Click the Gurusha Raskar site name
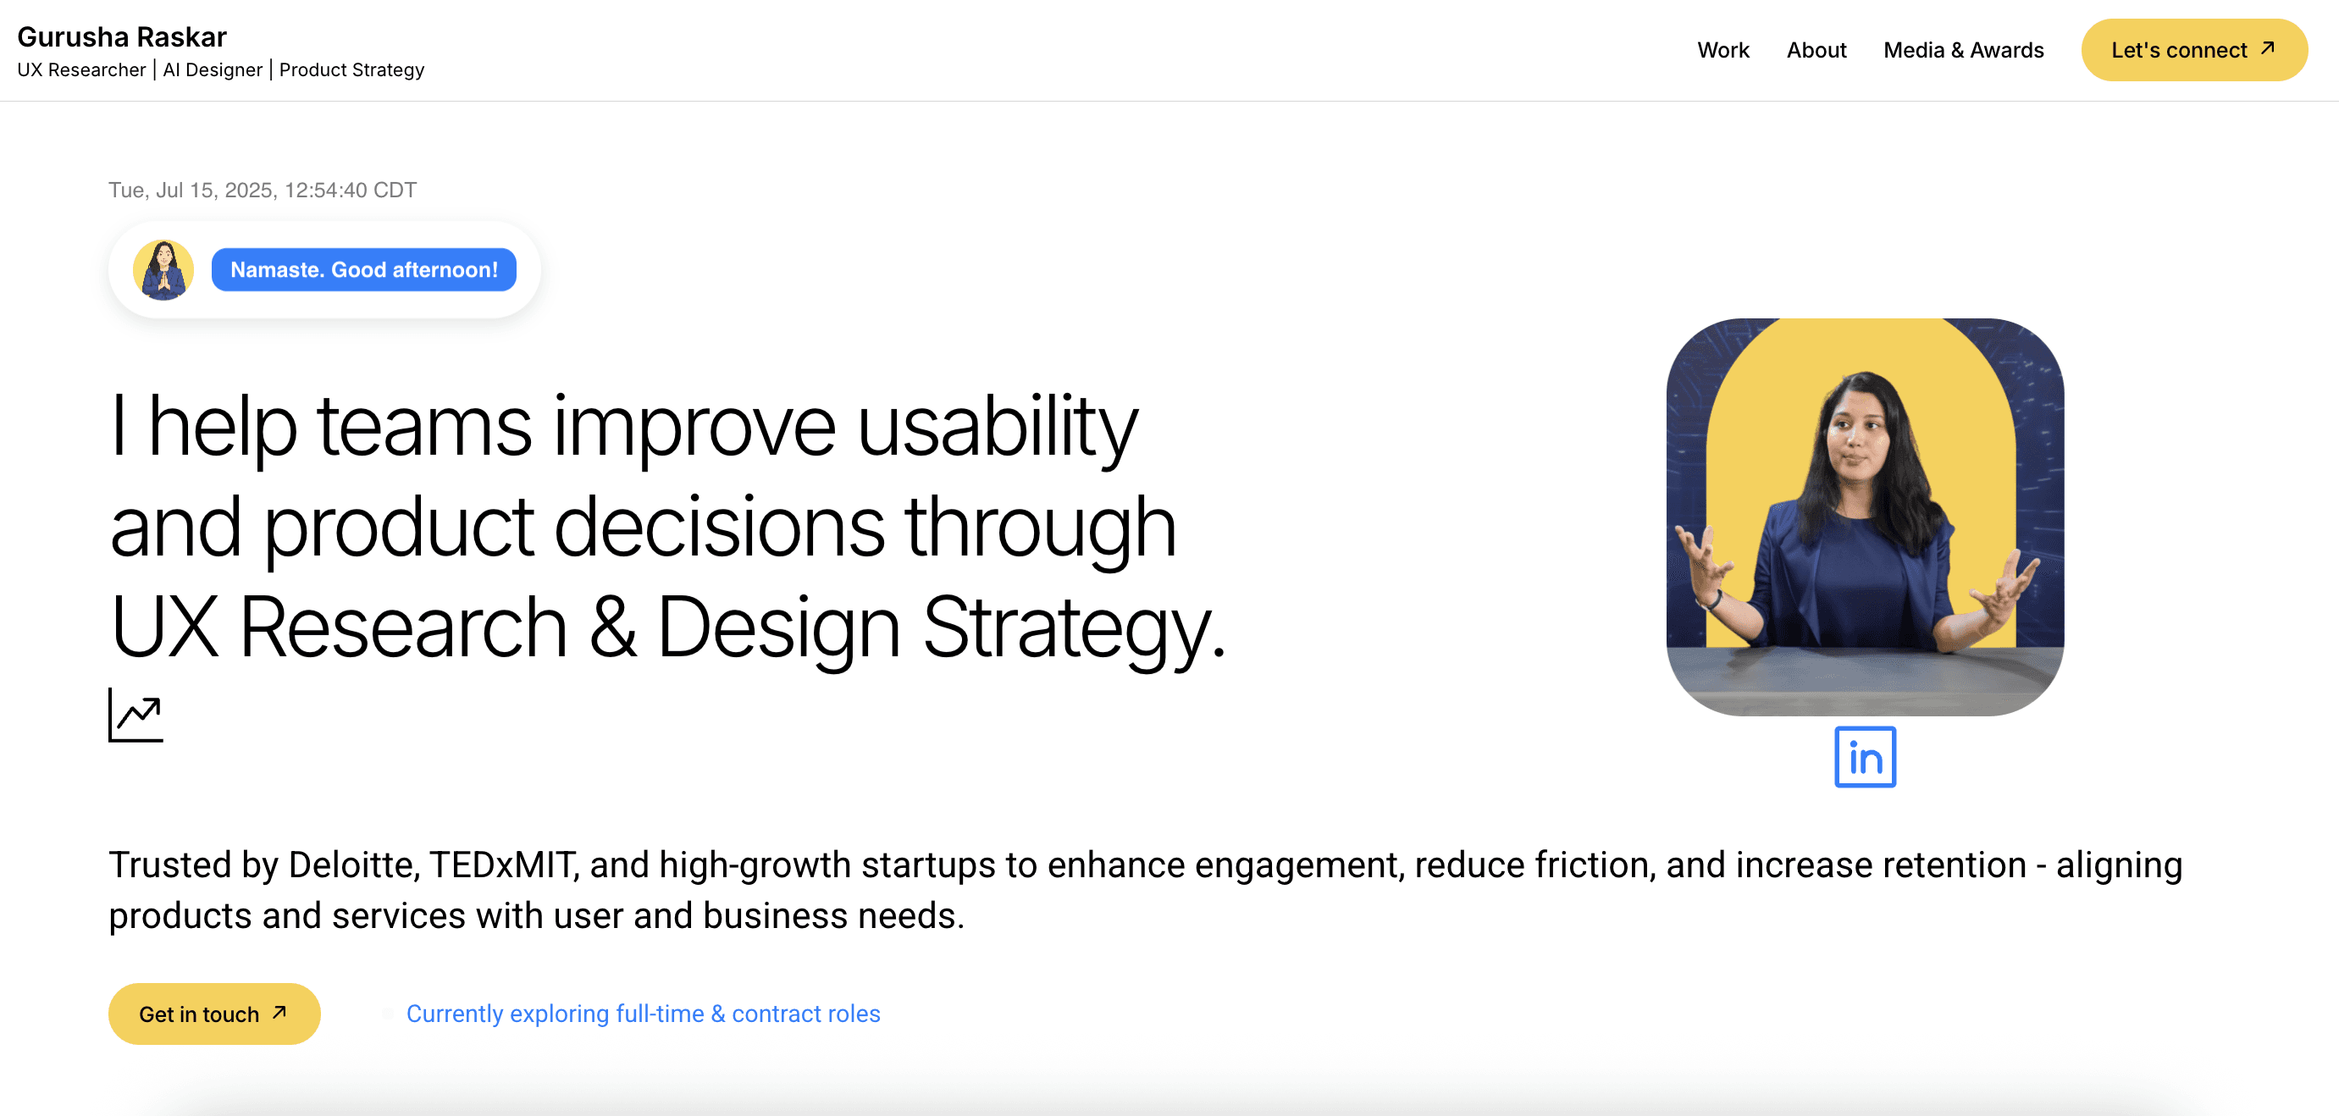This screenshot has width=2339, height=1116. point(122,36)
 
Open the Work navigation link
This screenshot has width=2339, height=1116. point(1722,50)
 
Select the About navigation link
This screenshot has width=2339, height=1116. point(1816,50)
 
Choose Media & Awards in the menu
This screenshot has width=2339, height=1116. point(1963,50)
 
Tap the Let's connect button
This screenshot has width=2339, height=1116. point(2192,50)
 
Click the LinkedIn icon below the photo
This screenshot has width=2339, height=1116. point(1864,756)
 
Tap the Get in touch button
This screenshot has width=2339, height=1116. point(213,1014)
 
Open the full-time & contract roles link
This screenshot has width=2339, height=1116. point(643,1014)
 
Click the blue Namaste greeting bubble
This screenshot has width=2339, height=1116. point(363,270)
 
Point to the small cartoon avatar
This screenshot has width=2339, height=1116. point(163,270)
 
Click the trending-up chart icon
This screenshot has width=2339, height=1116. point(135,715)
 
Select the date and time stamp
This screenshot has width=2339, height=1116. point(263,190)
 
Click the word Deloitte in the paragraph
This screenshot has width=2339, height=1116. point(353,865)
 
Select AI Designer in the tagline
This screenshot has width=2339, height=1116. point(213,70)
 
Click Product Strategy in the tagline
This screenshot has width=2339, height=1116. point(351,70)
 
